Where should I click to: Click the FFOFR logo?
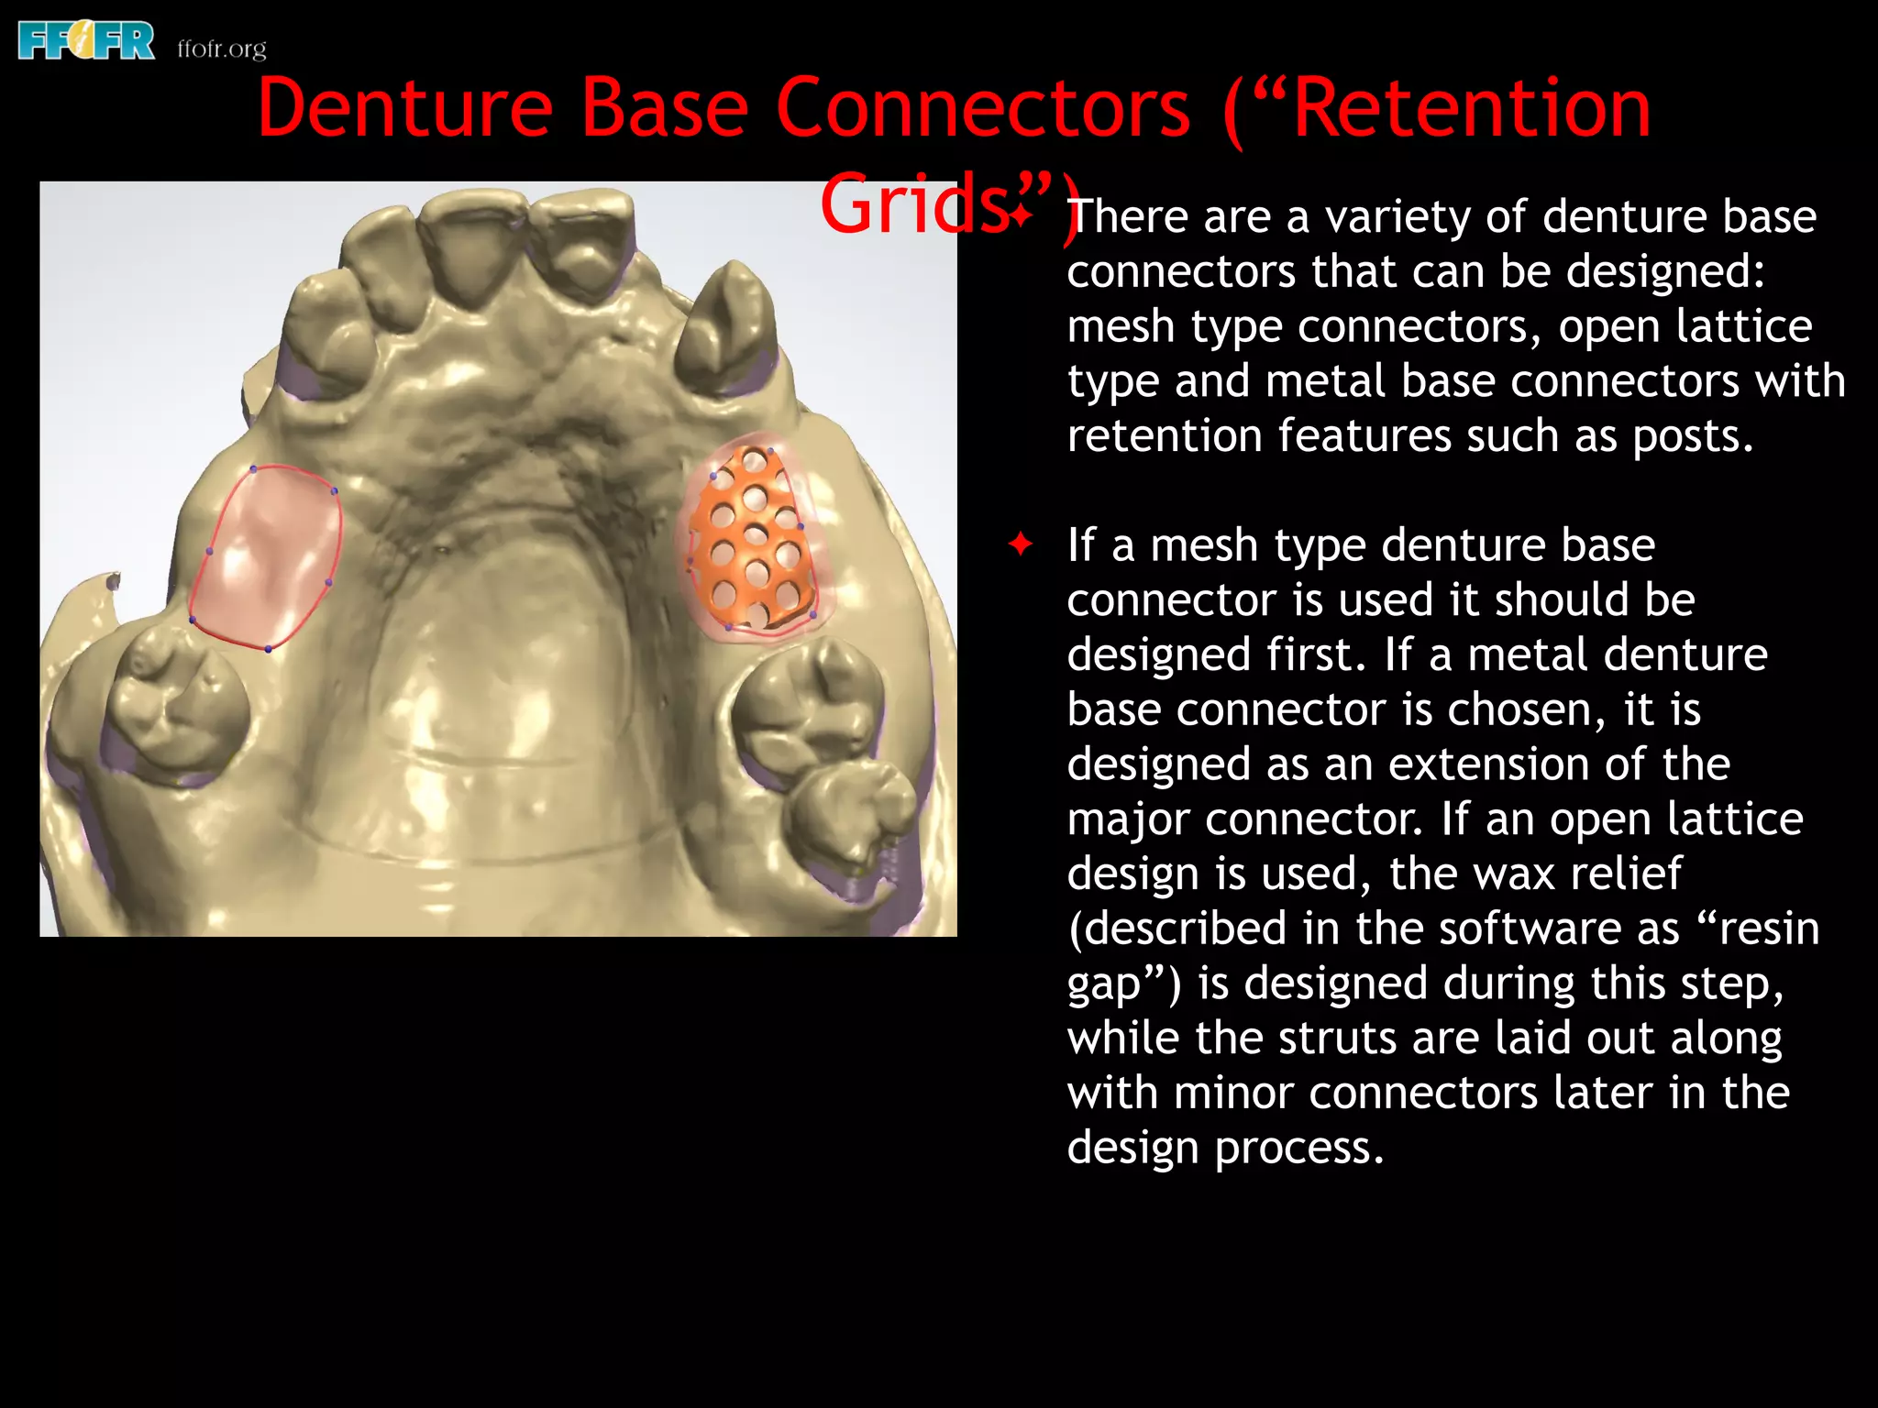[x=86, y=42]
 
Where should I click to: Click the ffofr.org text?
[x=222, y=48]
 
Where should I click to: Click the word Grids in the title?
[x=913, y=204]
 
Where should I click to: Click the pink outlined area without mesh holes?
[x=267, y=558]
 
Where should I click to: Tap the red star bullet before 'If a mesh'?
[x=1020, y=544]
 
